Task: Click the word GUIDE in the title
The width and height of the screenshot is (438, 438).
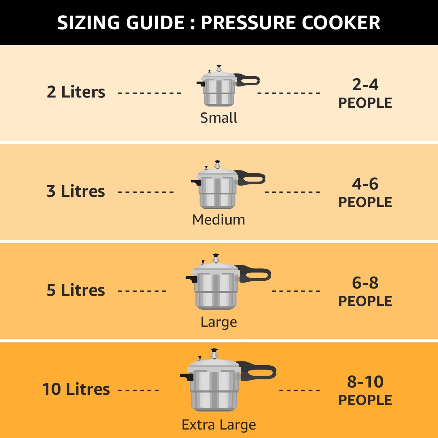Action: click(155, 22)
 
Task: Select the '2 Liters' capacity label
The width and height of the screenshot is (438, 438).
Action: click(76, 92)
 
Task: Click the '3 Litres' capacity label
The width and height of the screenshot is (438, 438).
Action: click(76, 191)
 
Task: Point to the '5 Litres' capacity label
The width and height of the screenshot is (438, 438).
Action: click(76, 290)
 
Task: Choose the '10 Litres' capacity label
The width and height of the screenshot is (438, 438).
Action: click(76, 389)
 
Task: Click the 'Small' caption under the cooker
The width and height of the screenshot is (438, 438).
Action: click(218, 118)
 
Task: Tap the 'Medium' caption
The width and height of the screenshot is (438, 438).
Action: click(218, 220)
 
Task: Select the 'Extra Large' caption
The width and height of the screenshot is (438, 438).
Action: click(218, 425)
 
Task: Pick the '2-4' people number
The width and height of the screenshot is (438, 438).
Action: click(365, 85)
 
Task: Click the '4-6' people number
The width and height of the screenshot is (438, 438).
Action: click(365, 184)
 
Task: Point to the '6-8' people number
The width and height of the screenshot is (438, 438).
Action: click(365, 283)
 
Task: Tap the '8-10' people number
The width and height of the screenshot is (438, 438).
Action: click(365, 382)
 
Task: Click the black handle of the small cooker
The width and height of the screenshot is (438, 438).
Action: click(248, 80)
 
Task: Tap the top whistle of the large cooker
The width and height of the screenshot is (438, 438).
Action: click(216, 258)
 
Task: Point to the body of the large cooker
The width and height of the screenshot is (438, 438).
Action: click(216, 292)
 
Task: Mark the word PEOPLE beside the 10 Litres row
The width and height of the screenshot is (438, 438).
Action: click(365, 400)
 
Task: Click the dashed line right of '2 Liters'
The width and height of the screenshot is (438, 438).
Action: click(149, 93)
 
